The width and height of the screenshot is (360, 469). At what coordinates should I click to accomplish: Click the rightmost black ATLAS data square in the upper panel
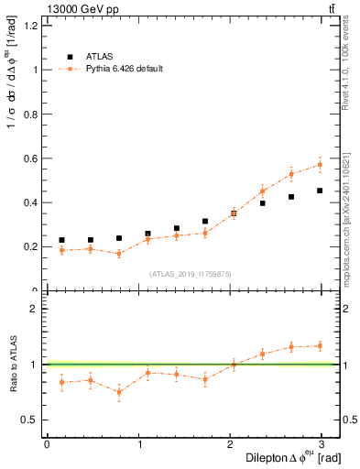point(320,191)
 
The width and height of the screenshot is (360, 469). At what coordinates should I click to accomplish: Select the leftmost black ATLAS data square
point(61,240)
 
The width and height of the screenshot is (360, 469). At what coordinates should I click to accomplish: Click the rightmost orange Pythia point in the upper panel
point(320,165)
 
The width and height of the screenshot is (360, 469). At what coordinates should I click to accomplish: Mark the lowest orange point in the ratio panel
point(119,392)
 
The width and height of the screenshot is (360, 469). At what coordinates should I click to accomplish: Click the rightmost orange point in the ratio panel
point(320,345)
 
